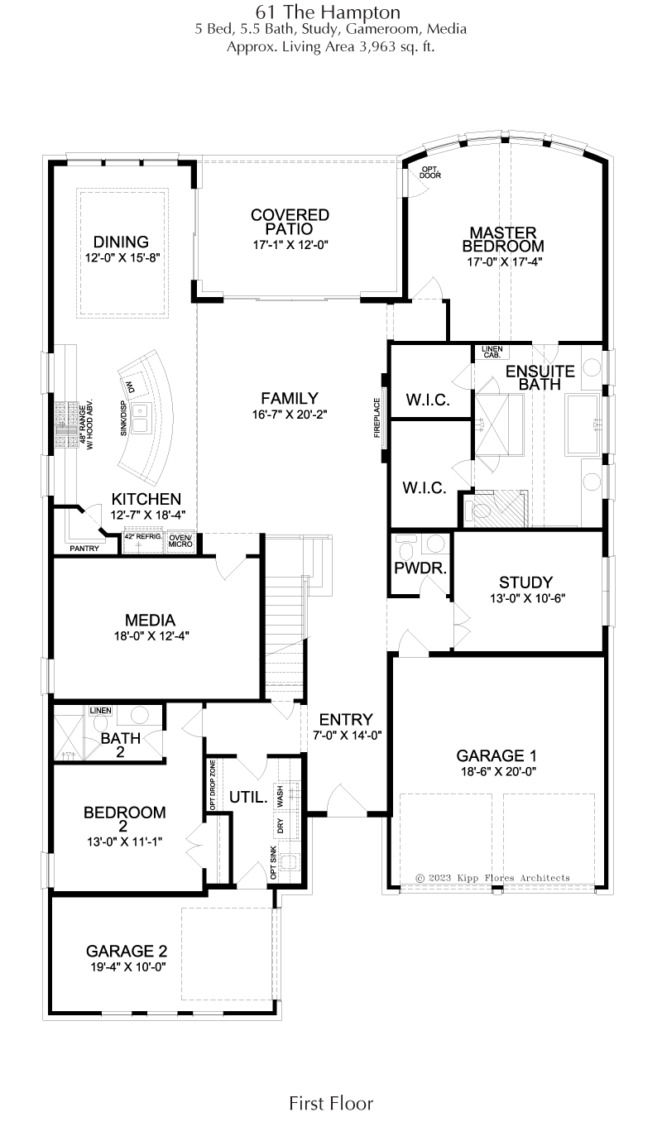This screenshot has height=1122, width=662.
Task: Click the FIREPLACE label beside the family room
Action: tap(377, 418)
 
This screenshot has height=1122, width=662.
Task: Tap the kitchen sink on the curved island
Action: tap(140, 417)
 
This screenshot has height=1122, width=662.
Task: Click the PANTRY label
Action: tap(84, 549)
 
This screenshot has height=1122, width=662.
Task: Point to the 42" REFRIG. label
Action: tap(143, 536)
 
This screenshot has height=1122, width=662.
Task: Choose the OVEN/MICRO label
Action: tap(180, 541)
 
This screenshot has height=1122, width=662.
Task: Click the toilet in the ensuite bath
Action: tap(477, 511)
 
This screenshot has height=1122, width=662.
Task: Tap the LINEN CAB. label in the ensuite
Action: tap(492, 352)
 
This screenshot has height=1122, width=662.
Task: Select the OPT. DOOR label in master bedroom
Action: tap(430, 172)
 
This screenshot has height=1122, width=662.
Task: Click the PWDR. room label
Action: tap(420, 568)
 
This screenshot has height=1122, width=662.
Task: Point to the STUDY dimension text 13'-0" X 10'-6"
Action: tap(527, 598)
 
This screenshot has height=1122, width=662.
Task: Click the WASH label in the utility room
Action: tap(280, 796)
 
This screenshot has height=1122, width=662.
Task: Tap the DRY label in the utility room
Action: tap(280, 826)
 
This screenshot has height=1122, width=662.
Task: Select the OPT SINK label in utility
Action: tap(273, 862)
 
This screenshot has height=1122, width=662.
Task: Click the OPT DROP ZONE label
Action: tap(213, 785)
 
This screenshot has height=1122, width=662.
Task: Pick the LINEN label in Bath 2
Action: tap(101, 710)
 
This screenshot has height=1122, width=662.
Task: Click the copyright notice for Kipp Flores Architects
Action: tap(492, 878)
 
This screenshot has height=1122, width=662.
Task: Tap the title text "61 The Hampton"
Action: tap(328, 12)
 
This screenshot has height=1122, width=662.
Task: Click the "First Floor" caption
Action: tap(331, 1103)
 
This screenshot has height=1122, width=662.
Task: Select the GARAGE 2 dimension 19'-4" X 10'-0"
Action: tap(127, 966)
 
